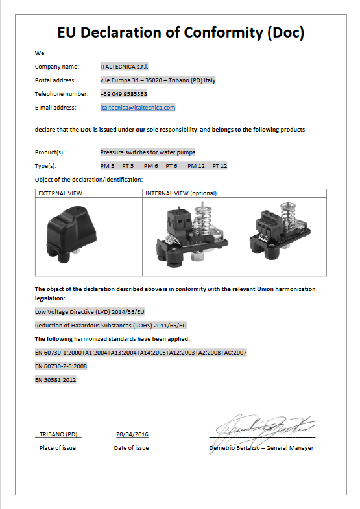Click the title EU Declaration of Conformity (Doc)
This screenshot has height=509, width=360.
(x=180, y=33)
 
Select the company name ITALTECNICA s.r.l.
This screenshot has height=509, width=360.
(x=124, y=66)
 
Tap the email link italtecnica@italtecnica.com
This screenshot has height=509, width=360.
(x=138, y=107)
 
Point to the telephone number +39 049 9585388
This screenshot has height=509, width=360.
(x=123, y=93)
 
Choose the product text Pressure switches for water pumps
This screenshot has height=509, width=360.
(x=147, y=152)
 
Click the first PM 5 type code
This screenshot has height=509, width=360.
(x=107, y=166)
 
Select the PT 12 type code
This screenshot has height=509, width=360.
(x=219, y=166)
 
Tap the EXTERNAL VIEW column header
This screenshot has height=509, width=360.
(x=60, y=193)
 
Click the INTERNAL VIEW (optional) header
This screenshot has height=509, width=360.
(x=181, y=193)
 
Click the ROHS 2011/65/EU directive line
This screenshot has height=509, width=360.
(x=110, y=325)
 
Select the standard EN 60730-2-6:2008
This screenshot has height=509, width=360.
(x=61, y=366)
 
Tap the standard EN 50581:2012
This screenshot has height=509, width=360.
(x=55, y=379)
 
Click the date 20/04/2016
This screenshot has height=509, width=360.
(x=132, y=434)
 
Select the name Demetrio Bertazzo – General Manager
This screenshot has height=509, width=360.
(x=261, y=448)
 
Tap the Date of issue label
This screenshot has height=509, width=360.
(x=131, y=448)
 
